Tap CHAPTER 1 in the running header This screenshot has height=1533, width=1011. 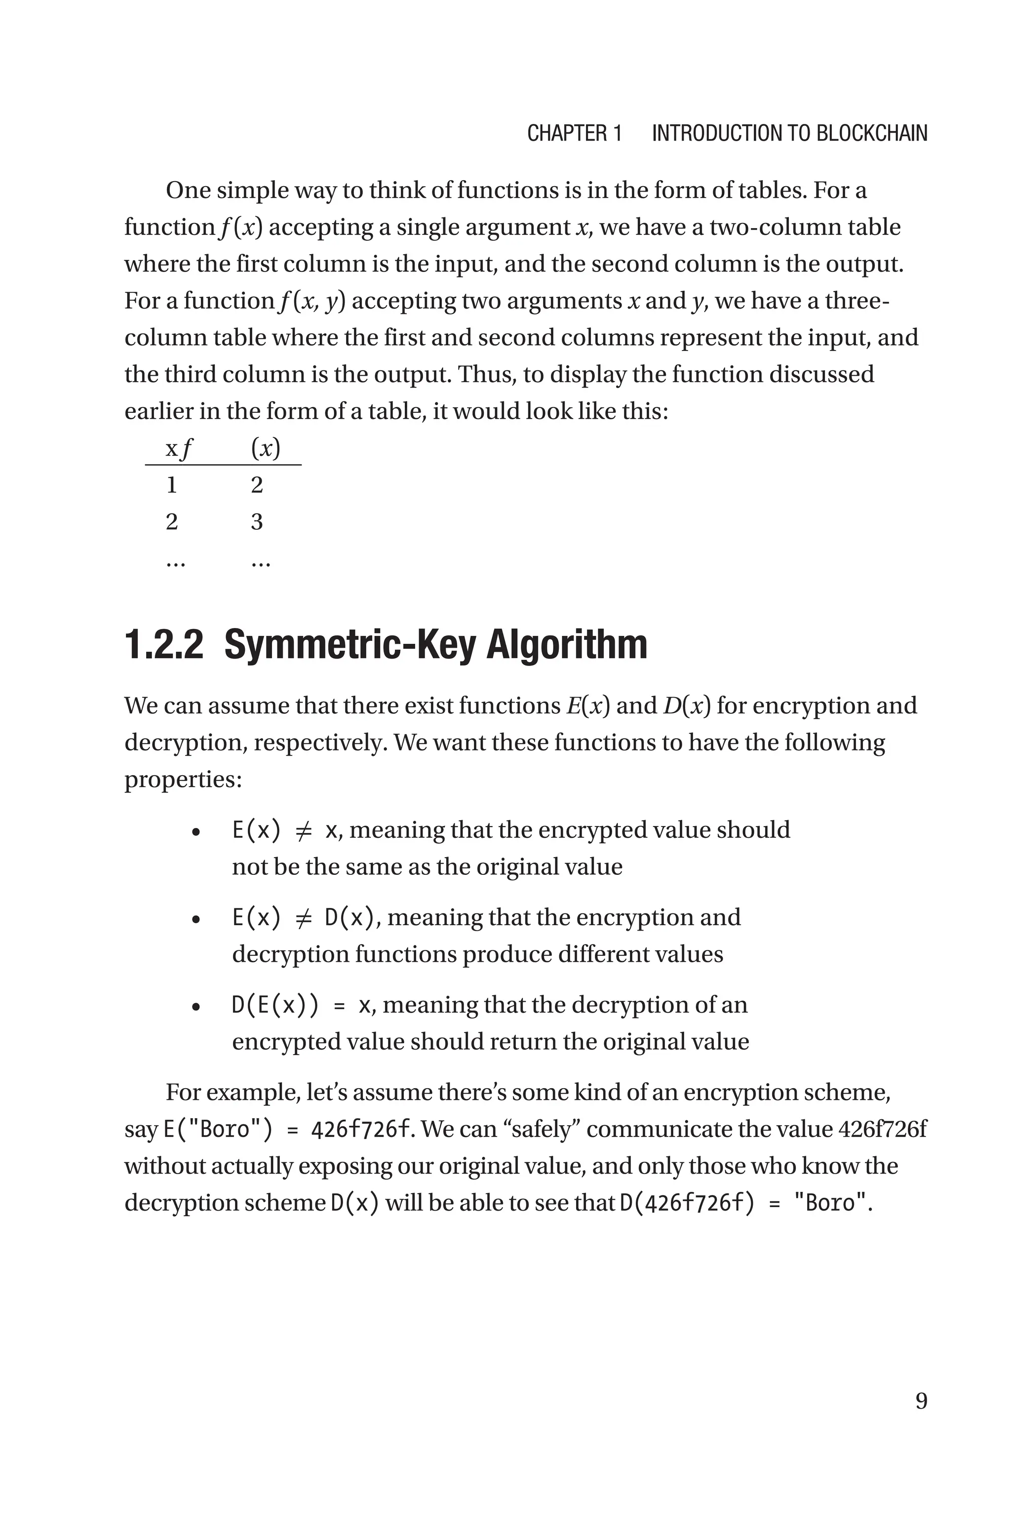574,133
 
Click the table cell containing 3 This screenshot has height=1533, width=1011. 257,521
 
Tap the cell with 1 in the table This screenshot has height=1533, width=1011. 171,485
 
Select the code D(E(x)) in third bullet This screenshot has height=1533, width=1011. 274,1005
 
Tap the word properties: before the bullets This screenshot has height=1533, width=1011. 183,780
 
